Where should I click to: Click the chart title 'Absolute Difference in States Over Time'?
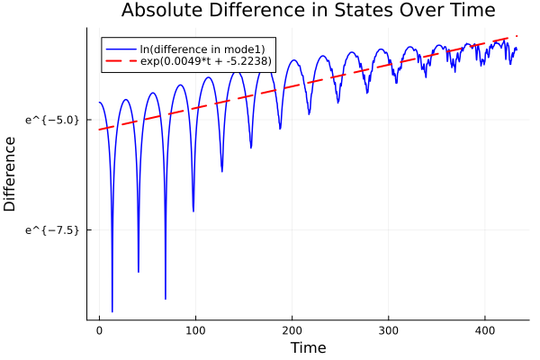click(x=308, y=11)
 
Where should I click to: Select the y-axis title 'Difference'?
click(x=11, y=173)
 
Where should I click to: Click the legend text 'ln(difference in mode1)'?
click(x=202, y=49)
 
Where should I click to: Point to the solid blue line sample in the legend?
click(x=121, y=49)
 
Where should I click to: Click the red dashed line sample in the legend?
click(x=121, y=62)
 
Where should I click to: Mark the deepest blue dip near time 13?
click(x=112, y=311)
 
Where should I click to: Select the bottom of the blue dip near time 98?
click(x=193, y=211)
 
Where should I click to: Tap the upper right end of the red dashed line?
click(x=517, y=36)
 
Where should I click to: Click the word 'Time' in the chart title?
click(x=472, y=11)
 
